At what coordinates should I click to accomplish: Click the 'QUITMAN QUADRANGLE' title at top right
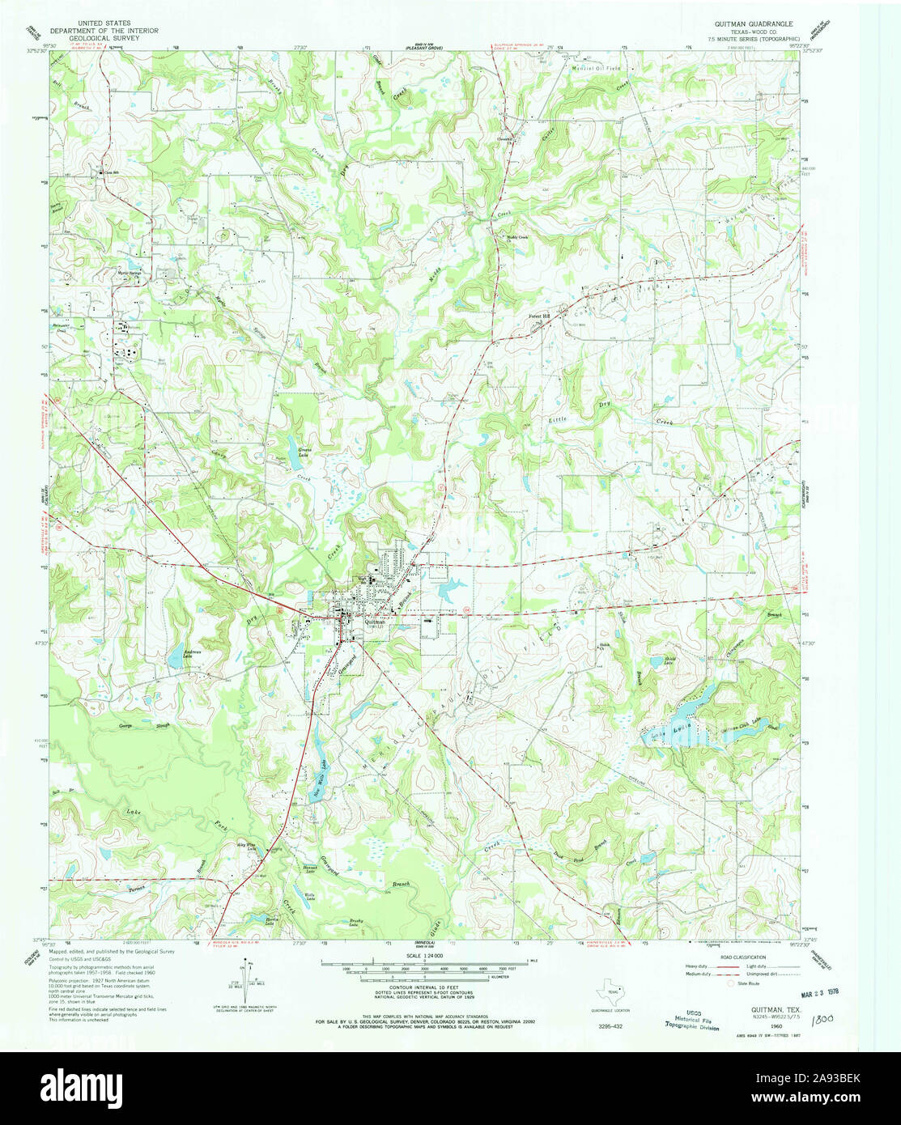pyautogui.click(x=750, y=24)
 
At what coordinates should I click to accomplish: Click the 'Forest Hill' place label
pyautogui.click(x=539, y=316)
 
